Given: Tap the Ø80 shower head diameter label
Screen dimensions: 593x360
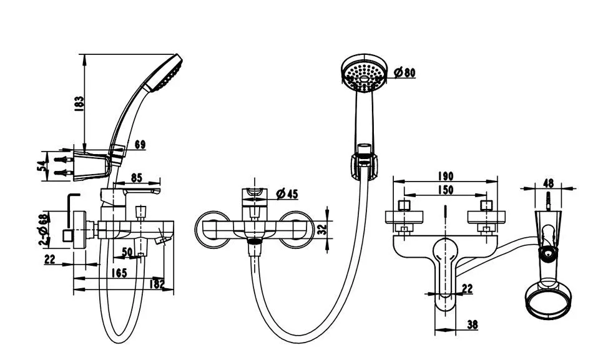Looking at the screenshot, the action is tap(404, 72).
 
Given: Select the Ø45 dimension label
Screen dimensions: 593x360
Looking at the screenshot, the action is tap(287, 194).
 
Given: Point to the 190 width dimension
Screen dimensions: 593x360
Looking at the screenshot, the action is tap(446, 176).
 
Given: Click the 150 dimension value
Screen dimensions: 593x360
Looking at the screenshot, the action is tap(446, 190).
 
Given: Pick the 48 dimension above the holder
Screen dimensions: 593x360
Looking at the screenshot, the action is tap(548, 183).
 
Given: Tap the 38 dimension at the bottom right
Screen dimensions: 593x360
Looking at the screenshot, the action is tap(473, 324).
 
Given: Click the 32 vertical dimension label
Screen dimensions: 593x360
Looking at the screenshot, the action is tap(322, 230).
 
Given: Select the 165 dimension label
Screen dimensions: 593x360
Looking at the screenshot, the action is tap(119, 273).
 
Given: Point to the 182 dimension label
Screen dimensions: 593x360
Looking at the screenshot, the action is tap(157, 284).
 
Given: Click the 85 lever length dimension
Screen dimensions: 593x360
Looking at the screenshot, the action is tap(136, 177).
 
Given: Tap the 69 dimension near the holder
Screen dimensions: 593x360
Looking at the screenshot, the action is tap(140, 145).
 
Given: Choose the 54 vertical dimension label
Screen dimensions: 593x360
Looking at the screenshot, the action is tap(42, 165).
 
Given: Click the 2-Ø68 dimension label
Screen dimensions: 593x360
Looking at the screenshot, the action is tap(44, 230).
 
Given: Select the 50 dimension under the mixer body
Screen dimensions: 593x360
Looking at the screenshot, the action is tap(127, 251).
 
